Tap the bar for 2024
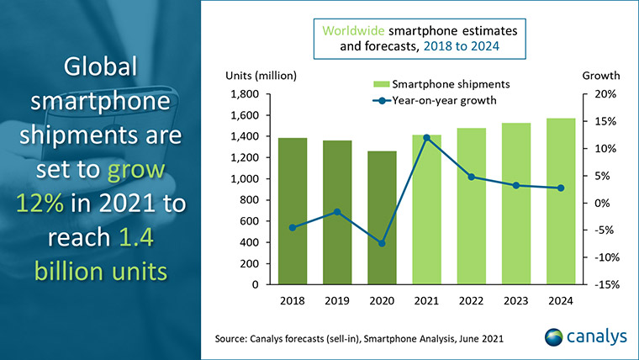tap(561, 202)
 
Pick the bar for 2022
tap(472, 206)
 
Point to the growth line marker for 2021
tap(427, 137)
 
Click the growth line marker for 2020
tap(382, 243)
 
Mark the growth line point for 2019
tap(337, 212)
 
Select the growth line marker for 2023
tap(516, 185)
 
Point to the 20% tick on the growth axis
tap(605, 94)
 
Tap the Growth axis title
tap(600, 77)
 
